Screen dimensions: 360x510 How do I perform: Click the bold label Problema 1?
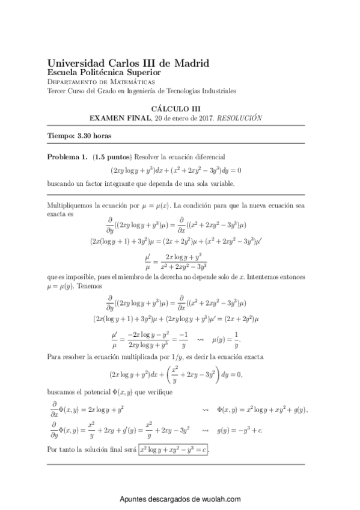(x=67, y=156)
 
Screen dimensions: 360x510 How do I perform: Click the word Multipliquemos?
(x=71, y=205)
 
